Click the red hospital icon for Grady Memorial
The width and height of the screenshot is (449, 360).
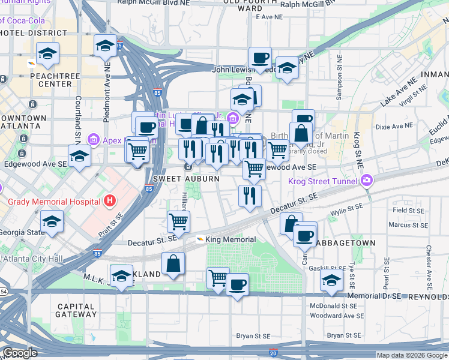click(x=109, y=200)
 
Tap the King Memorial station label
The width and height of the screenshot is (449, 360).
click(x=222, y=239)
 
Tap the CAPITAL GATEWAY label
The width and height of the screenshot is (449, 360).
click(x=76, y=310)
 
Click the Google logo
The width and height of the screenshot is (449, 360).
click(x=20, y=353)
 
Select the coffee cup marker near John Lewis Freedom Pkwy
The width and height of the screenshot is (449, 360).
click(x=261, y=58)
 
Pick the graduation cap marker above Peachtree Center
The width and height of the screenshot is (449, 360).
click(x=47, y=54)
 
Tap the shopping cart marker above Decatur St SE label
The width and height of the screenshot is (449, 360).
click(x=178, y=221)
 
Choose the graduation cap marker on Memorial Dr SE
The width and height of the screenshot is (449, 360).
click(x=332, y=280)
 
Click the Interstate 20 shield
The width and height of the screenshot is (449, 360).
click(x=273, y=355)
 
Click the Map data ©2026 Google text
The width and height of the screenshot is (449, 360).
click(x=412, y=355)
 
